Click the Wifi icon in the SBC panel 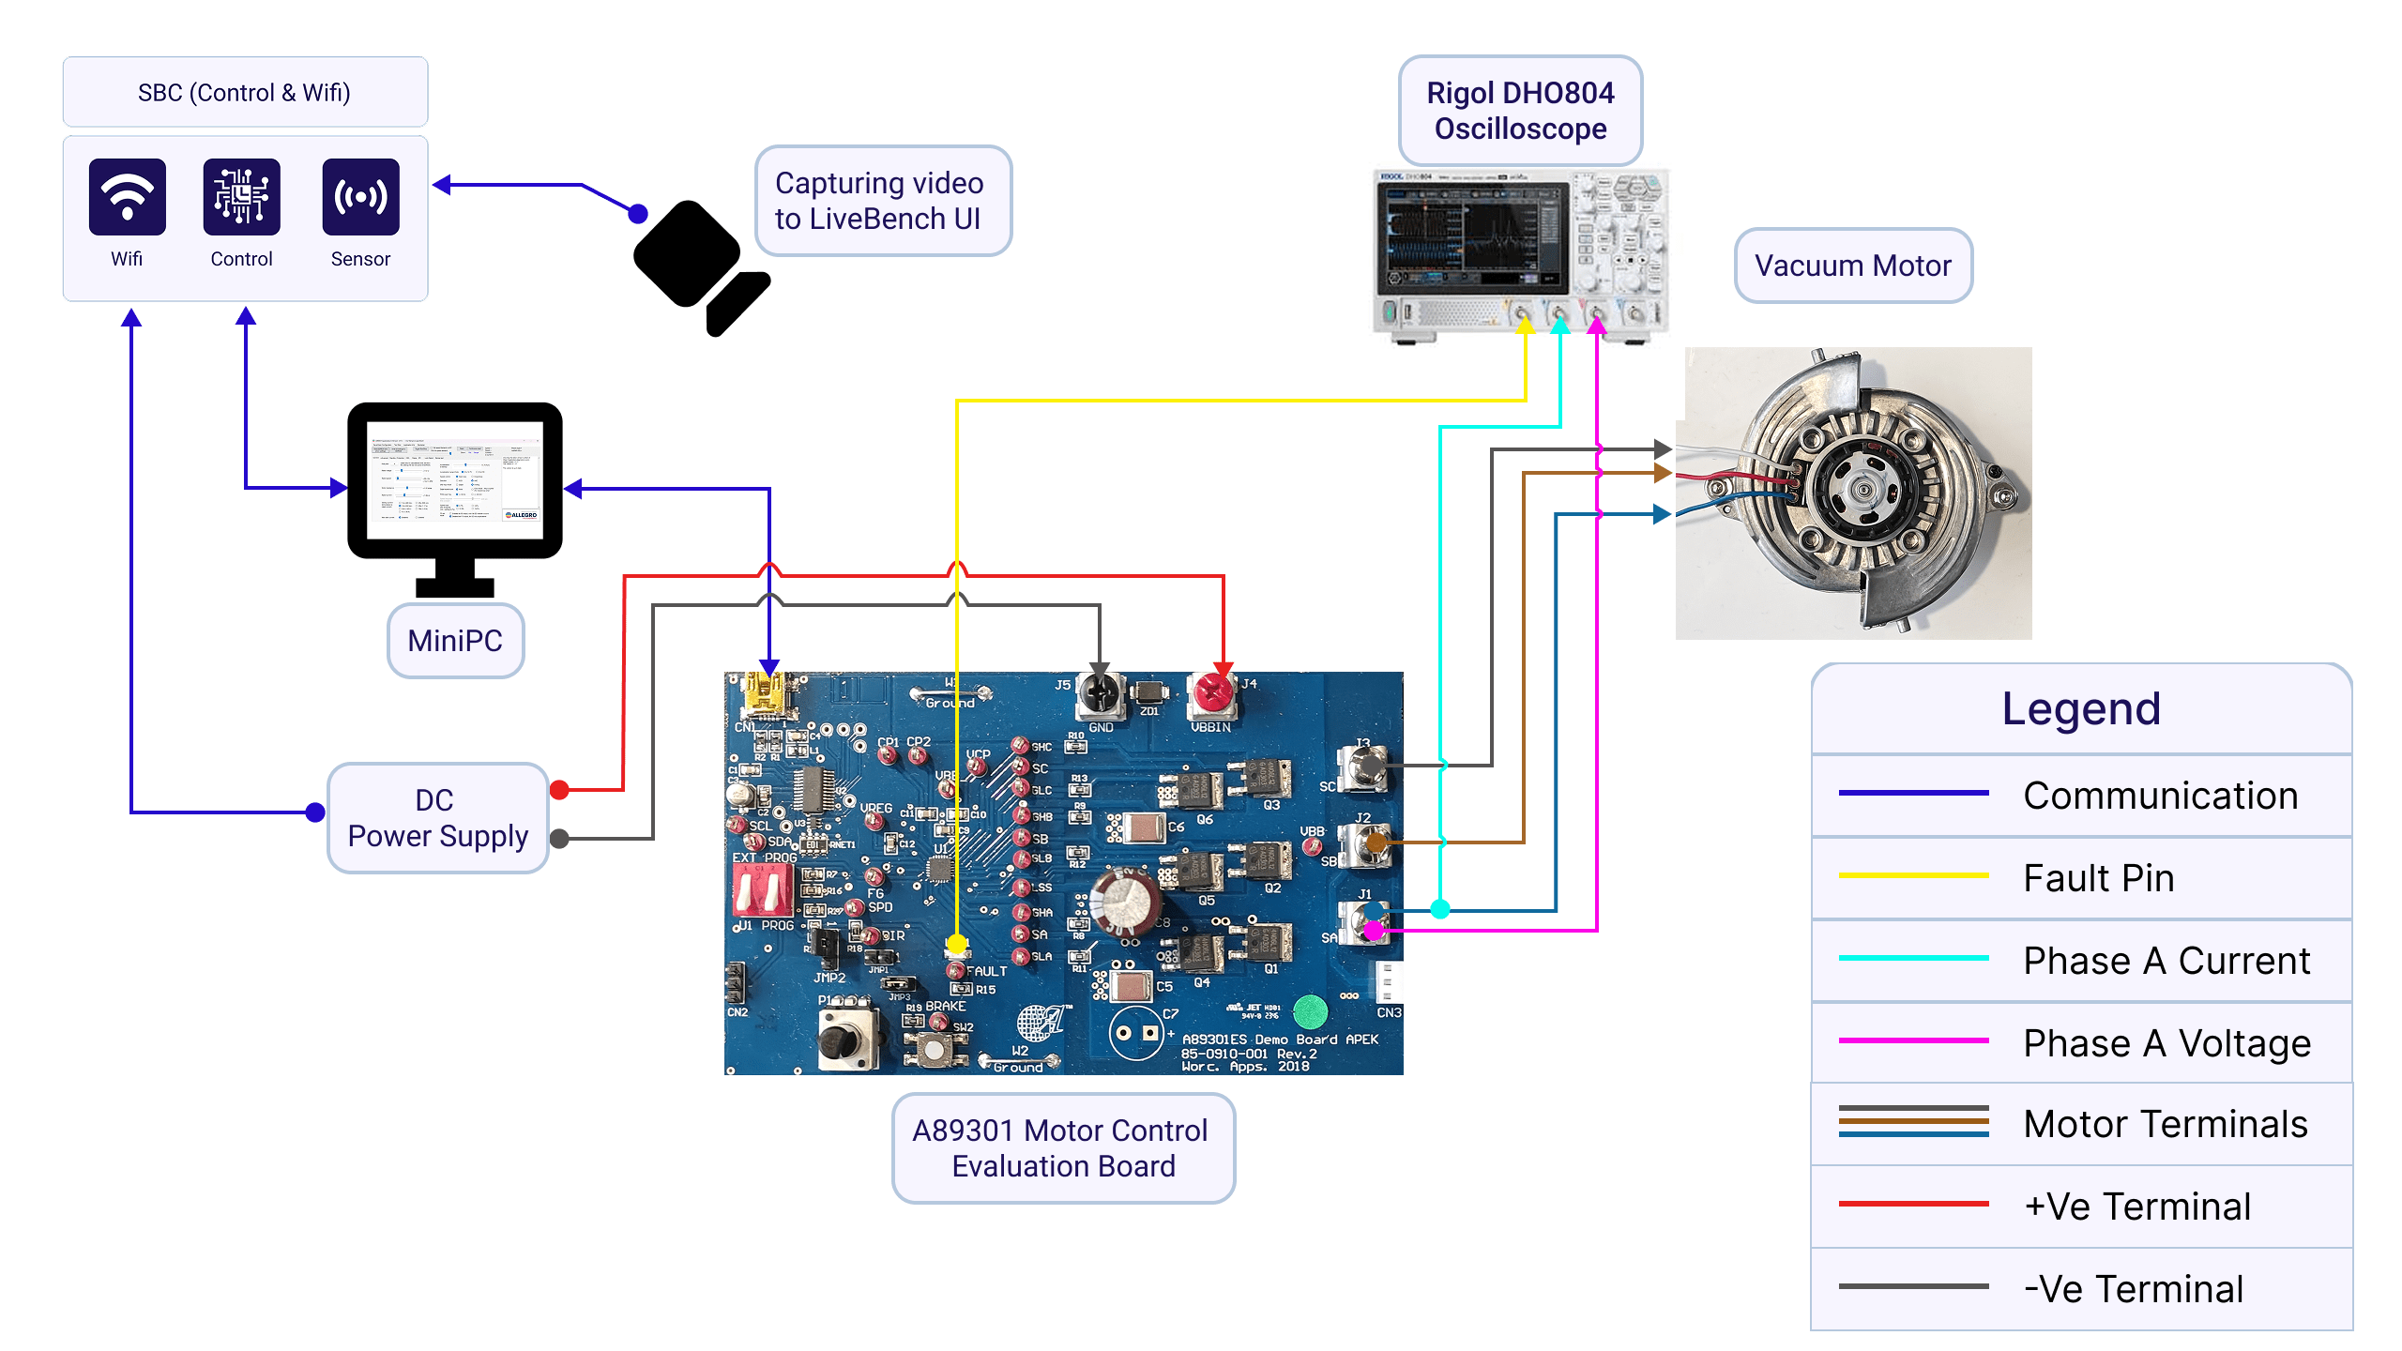pos(127,197)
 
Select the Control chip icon pos(241,197)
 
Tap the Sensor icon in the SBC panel pos(360,197)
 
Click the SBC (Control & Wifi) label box pos(245,92)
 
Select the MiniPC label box pos(455,641)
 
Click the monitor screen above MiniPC pos(455,480)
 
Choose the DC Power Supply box pos(437,818)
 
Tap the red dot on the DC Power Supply pos(560,790)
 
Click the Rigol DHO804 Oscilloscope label pos(1520,111)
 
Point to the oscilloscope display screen pos(1468,239)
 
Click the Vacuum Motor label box pos(1853,266)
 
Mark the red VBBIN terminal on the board pos(1211,693)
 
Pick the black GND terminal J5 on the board pos(1100,693)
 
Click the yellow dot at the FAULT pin pos(956,943)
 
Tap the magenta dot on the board pos(1375,931)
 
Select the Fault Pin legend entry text pos(2099,878)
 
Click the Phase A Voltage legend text pos(2166,1043)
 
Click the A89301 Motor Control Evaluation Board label pos(1063,1148)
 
